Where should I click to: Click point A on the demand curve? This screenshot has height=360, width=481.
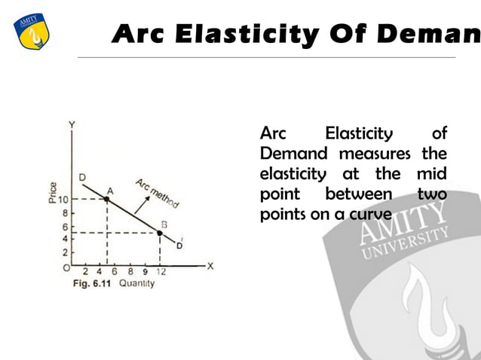(106, 200)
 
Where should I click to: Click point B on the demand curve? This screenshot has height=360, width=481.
(160, 233)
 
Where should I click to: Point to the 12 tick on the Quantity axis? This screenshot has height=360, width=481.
(161, 271)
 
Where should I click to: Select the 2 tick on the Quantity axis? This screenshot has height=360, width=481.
(84, 271)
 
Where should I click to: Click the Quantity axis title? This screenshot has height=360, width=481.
(136, 284)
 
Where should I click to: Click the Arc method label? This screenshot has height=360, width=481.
(157, 192)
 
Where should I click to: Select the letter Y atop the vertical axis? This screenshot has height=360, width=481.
(72, 124)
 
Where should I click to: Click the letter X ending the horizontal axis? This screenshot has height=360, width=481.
(210, 265)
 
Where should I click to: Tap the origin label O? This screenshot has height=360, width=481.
(66, 267)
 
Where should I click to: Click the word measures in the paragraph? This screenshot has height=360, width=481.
(373, 154)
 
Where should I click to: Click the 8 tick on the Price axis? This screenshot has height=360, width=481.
(66, 214)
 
